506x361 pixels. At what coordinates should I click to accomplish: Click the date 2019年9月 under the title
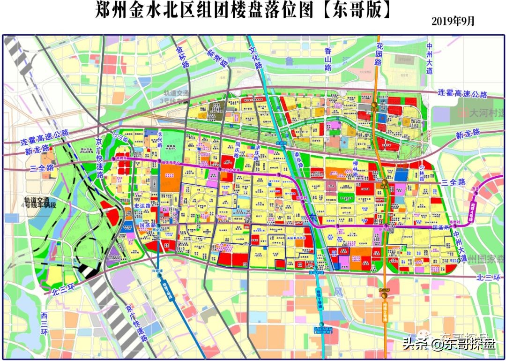453,22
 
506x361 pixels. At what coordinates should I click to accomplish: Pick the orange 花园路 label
379,53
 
